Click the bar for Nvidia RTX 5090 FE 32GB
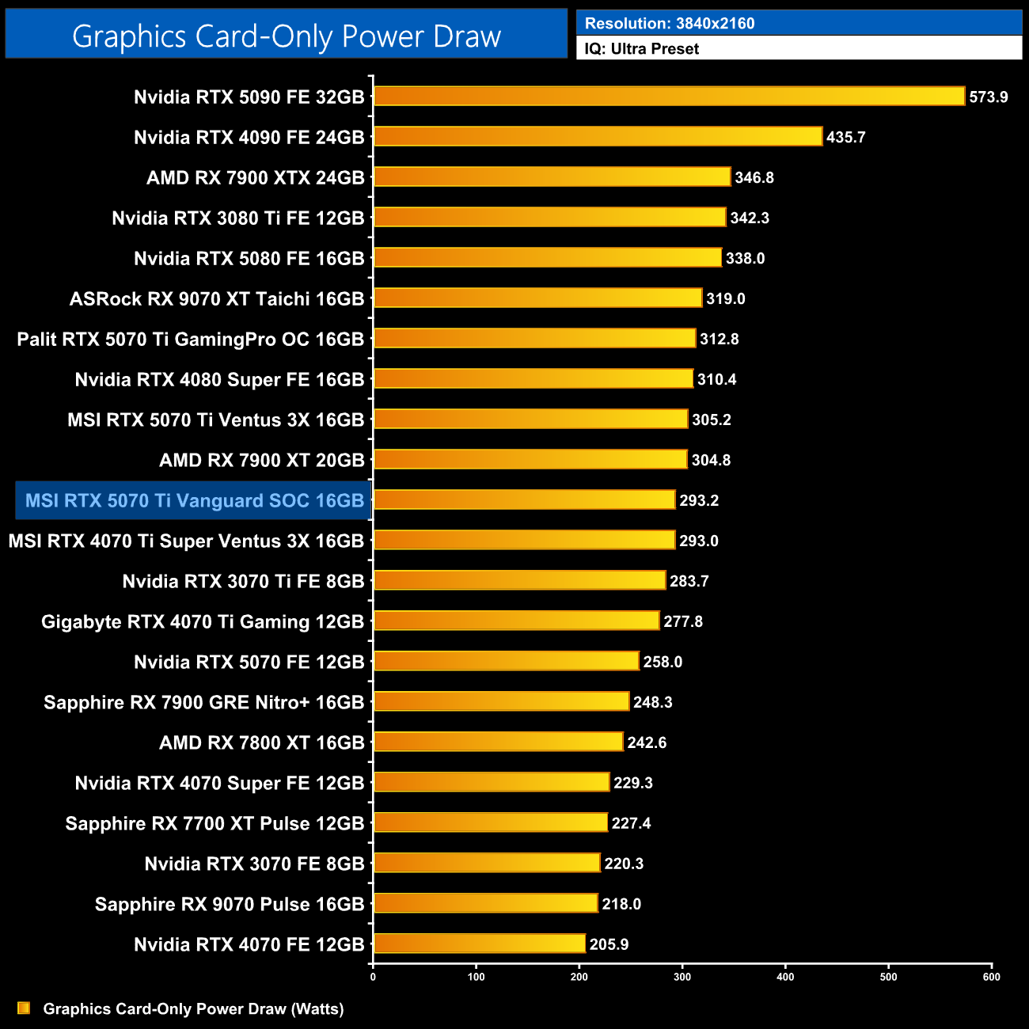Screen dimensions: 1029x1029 tap(669, 97)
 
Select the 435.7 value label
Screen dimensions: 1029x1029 tap(845, 137)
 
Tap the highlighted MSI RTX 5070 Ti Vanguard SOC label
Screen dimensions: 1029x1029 tap(194, 500)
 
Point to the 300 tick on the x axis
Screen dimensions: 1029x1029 tap(682, 977)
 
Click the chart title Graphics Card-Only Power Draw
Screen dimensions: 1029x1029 tap(287, 36)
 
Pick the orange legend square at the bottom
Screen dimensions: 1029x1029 tap(24, 1008)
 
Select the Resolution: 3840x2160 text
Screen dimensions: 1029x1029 tap(670, 23)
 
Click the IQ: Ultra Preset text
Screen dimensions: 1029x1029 tap(642, 48)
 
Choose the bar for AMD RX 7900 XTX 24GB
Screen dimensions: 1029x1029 tap(552, 177)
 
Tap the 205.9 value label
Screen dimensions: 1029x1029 tap(609, 944)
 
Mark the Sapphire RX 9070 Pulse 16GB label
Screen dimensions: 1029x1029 tap(230, 904)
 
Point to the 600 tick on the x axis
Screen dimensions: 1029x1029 tap(991, 977)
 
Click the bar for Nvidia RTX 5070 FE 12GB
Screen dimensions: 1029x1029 tap(506, 661)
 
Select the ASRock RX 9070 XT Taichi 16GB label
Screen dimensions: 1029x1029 tap(217, 298)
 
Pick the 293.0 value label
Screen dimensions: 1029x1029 tap(698, 541)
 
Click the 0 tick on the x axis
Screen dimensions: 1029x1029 tap(373, 977)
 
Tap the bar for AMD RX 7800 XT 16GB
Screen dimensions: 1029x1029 tap(498, 742)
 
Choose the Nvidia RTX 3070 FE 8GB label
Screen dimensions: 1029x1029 tap(254, 864)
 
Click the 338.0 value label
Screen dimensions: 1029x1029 tap(745, 258)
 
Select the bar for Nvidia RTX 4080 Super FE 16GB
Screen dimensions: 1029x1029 tap(533, 378)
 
